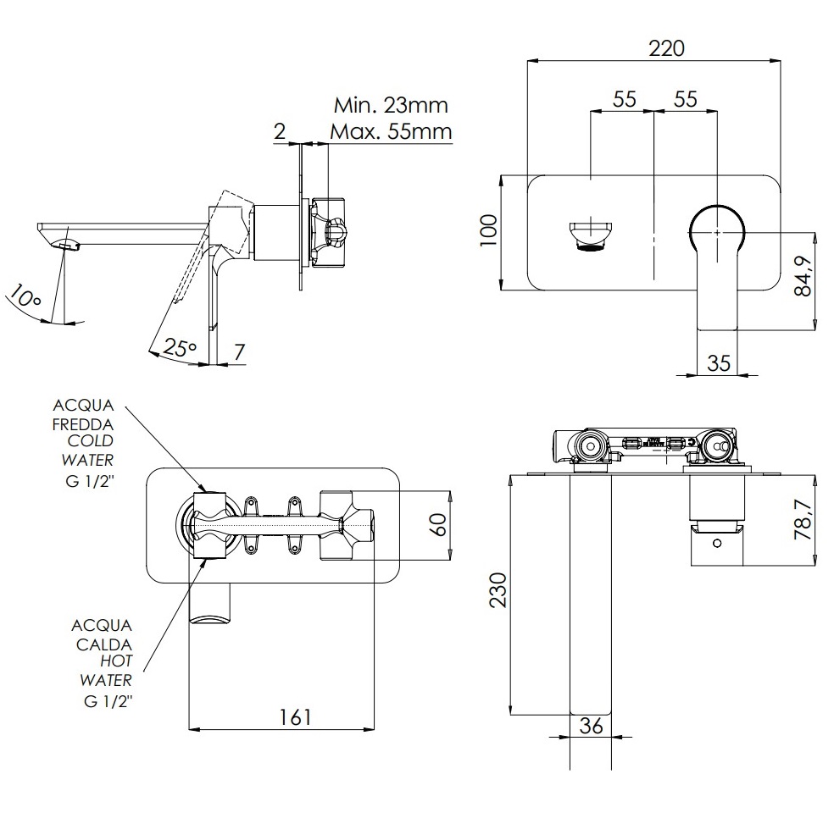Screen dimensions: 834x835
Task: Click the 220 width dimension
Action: pos(666,48)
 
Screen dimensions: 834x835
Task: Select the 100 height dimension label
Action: pos(489,230)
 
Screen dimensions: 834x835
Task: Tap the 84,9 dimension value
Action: pos(803,276)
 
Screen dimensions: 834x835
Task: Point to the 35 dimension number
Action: pos(719,363)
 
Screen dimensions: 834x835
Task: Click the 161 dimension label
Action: pos(295,716)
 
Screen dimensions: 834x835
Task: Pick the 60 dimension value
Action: pos(437,524)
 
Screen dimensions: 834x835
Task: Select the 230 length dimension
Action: pos(498,590)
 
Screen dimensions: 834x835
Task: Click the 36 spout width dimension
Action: pos(591,725)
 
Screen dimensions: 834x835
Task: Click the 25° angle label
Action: pos(181,347)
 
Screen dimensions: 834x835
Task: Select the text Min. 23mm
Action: pos(391,106)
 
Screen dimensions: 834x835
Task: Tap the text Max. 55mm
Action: pos(391,131)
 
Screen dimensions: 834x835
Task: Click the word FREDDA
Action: pos(83,424)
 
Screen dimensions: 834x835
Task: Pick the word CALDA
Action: pos(104,644)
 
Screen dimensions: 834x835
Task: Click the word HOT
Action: pos(116,661)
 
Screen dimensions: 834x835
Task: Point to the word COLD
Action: pos(91,441)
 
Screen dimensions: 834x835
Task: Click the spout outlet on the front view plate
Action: pos(591,236)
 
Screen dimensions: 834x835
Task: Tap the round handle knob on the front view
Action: pos(717,232)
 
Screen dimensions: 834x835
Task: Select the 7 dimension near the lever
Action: pos(239,352)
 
